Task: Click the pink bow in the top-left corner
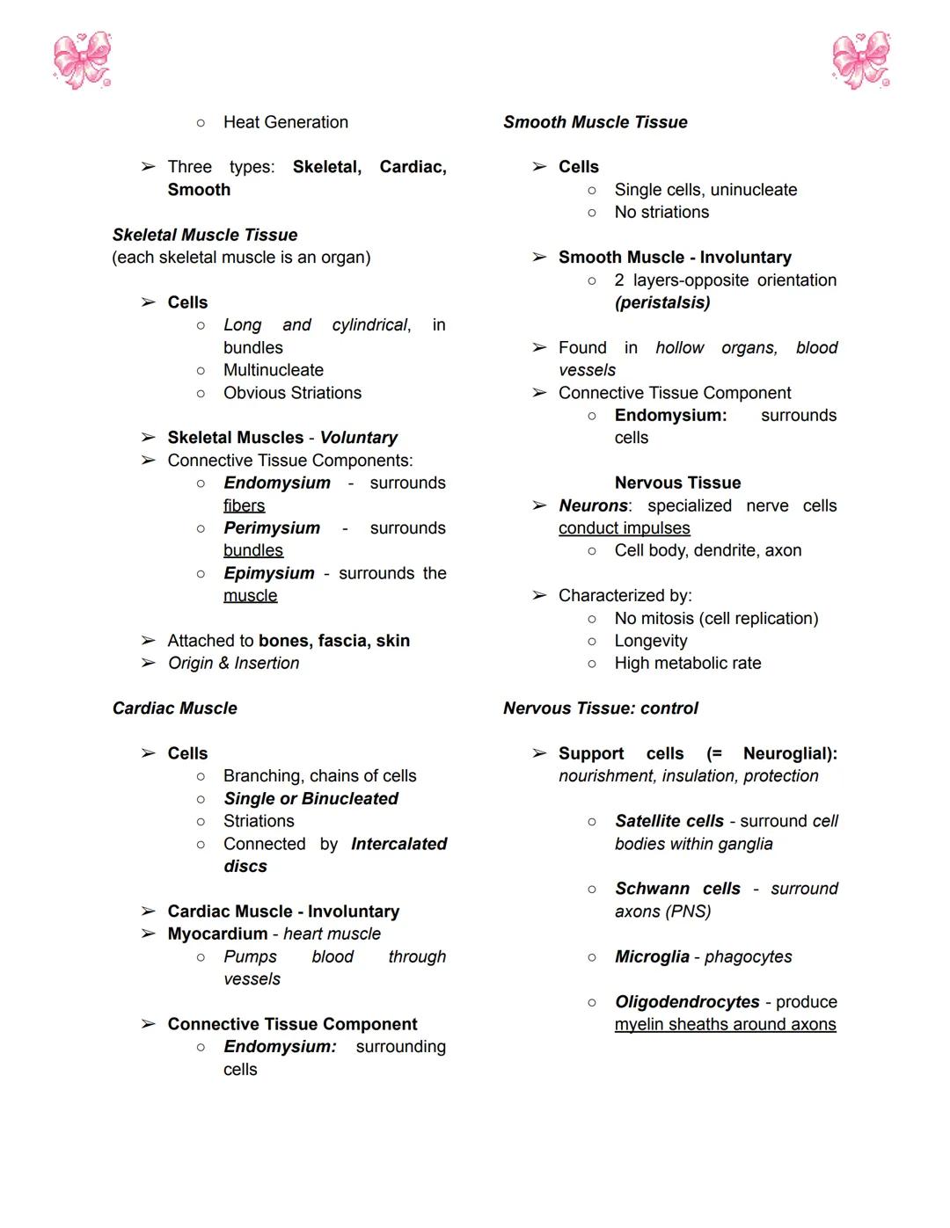click(x=82, y=61)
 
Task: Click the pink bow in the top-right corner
click(x=861, y=61)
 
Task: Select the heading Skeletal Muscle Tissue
click(x=205, y=235)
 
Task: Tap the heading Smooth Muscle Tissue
click(x=596, y=122)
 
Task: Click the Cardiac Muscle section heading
click(x=175, y=708)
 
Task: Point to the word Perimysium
click(x=272, y=528)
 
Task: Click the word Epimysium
click(x=269, y=573)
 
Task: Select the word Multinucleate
click(x=274, y=370)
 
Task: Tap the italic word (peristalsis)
click(x=662, y=302)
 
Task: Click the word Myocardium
click(x=217, y=934)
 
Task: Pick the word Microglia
click(x=652, y=956)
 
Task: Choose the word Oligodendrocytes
click(x=687, y=1002)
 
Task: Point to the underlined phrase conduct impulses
click(x=625, y=528)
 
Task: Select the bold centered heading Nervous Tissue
click(x=677, y=483)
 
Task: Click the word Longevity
click(x=651, y=641)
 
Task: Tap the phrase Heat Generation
click(x=286, y=122)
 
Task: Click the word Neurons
click(x=594, y=505)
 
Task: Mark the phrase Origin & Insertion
click(x=234, y=664)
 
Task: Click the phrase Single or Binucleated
click(x=311, y=799)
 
